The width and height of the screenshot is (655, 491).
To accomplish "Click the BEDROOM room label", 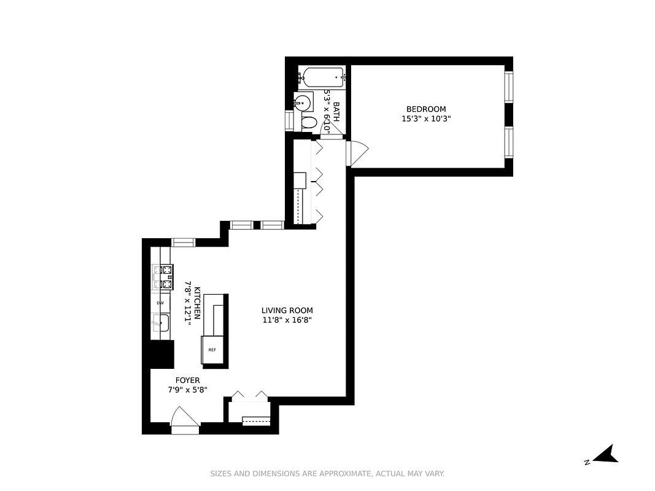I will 426,109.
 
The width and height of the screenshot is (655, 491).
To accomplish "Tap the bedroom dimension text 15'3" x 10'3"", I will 426,119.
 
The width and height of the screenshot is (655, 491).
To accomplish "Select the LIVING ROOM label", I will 287,311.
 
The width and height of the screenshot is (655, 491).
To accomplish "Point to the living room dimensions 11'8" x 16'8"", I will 287,320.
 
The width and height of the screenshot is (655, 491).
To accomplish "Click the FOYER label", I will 187,381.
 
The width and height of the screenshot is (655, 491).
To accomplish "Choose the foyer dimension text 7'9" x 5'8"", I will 187,390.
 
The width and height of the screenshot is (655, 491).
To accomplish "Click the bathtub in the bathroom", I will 322,77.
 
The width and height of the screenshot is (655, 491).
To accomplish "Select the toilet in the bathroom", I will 309,123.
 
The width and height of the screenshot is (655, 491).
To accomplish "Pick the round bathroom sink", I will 303,102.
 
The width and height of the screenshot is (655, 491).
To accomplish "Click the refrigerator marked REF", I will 212,350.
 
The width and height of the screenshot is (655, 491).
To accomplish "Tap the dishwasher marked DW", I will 160,303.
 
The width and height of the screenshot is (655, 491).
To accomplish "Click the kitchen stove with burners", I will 163,276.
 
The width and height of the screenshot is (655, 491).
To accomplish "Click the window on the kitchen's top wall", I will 183,242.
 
